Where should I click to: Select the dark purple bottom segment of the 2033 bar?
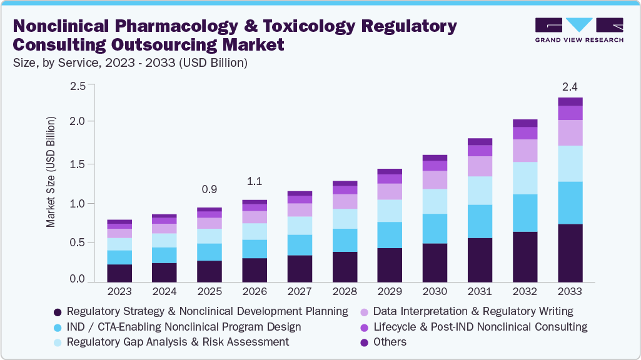(x=570, y=252)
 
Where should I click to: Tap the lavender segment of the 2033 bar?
(x=570, y=132)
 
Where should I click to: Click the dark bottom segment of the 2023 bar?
(x=119, y=273)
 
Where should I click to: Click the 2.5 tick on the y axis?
(x=77, y=86)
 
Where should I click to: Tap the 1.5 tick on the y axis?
(x=77, y=164)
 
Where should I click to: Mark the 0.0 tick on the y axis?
(x=77, y=279)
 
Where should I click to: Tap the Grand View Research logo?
(x=579, y=30)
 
